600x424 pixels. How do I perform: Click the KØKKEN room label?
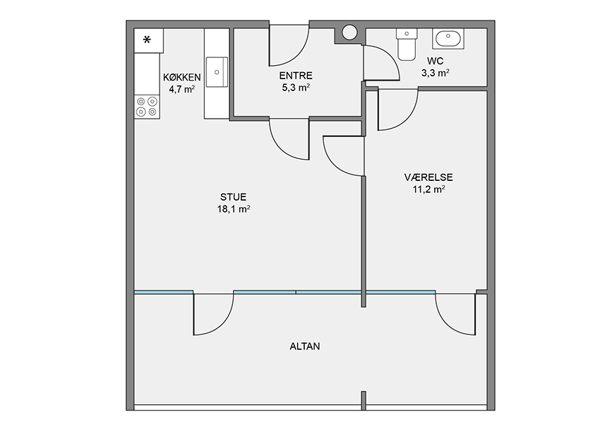pos(181,77)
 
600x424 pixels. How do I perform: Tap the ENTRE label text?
pos(296,76)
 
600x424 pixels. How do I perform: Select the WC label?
pos(435,61)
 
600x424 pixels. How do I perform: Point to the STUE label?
pos(233,197)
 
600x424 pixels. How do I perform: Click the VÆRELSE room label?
pos(428,177)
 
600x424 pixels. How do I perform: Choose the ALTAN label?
pos(305,347)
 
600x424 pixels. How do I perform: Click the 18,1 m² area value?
pos(234,209)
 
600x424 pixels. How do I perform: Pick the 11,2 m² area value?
pos(428,189)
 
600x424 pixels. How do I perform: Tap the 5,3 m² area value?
pos(296,88)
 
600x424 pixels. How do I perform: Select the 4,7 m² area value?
pos(182,90)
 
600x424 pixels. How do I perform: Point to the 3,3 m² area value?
pos(436,73)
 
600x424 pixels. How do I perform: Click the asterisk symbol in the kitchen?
pos(147,40)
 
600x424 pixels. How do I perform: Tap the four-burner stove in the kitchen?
pos(147,107)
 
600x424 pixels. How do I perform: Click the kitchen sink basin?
pos(217,72)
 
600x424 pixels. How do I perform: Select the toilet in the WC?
pos(407,44)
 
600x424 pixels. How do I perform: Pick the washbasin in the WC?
pos(448,38)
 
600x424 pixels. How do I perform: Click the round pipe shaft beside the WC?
pos(349,33)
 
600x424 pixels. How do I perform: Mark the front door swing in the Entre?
pos(289,45)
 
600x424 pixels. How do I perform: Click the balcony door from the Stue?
pos(213,314)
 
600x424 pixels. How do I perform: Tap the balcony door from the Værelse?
pos(456,314)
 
